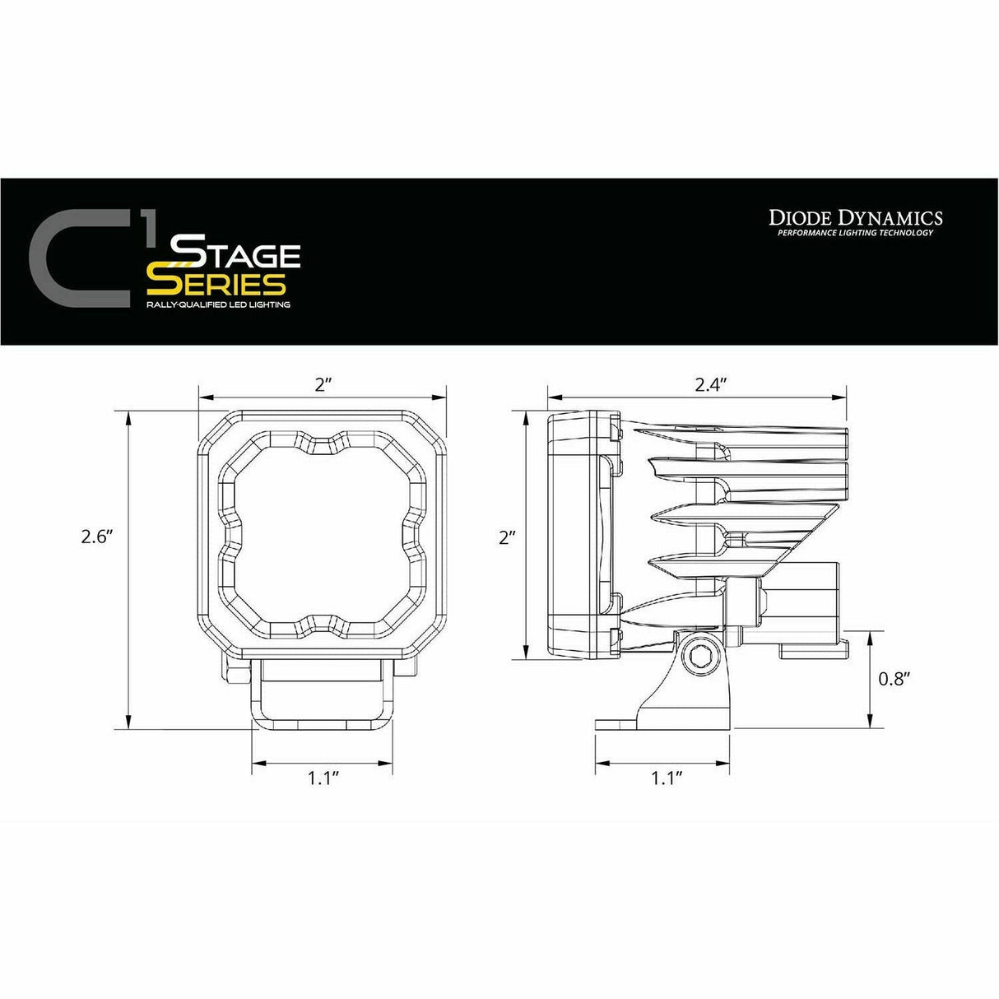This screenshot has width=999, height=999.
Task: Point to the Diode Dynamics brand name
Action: (x=855, y=218)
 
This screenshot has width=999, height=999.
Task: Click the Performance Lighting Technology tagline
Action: (x=855, y=233)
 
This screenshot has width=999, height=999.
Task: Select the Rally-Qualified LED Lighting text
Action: (x=218, y=304)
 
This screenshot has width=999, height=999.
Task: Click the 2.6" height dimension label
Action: (x=96, y=537)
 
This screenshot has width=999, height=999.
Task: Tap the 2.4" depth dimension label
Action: (x=709, y=384)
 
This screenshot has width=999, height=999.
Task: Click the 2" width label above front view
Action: (x=322, y=384)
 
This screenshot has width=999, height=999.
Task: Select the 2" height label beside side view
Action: (x=507, y=537)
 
